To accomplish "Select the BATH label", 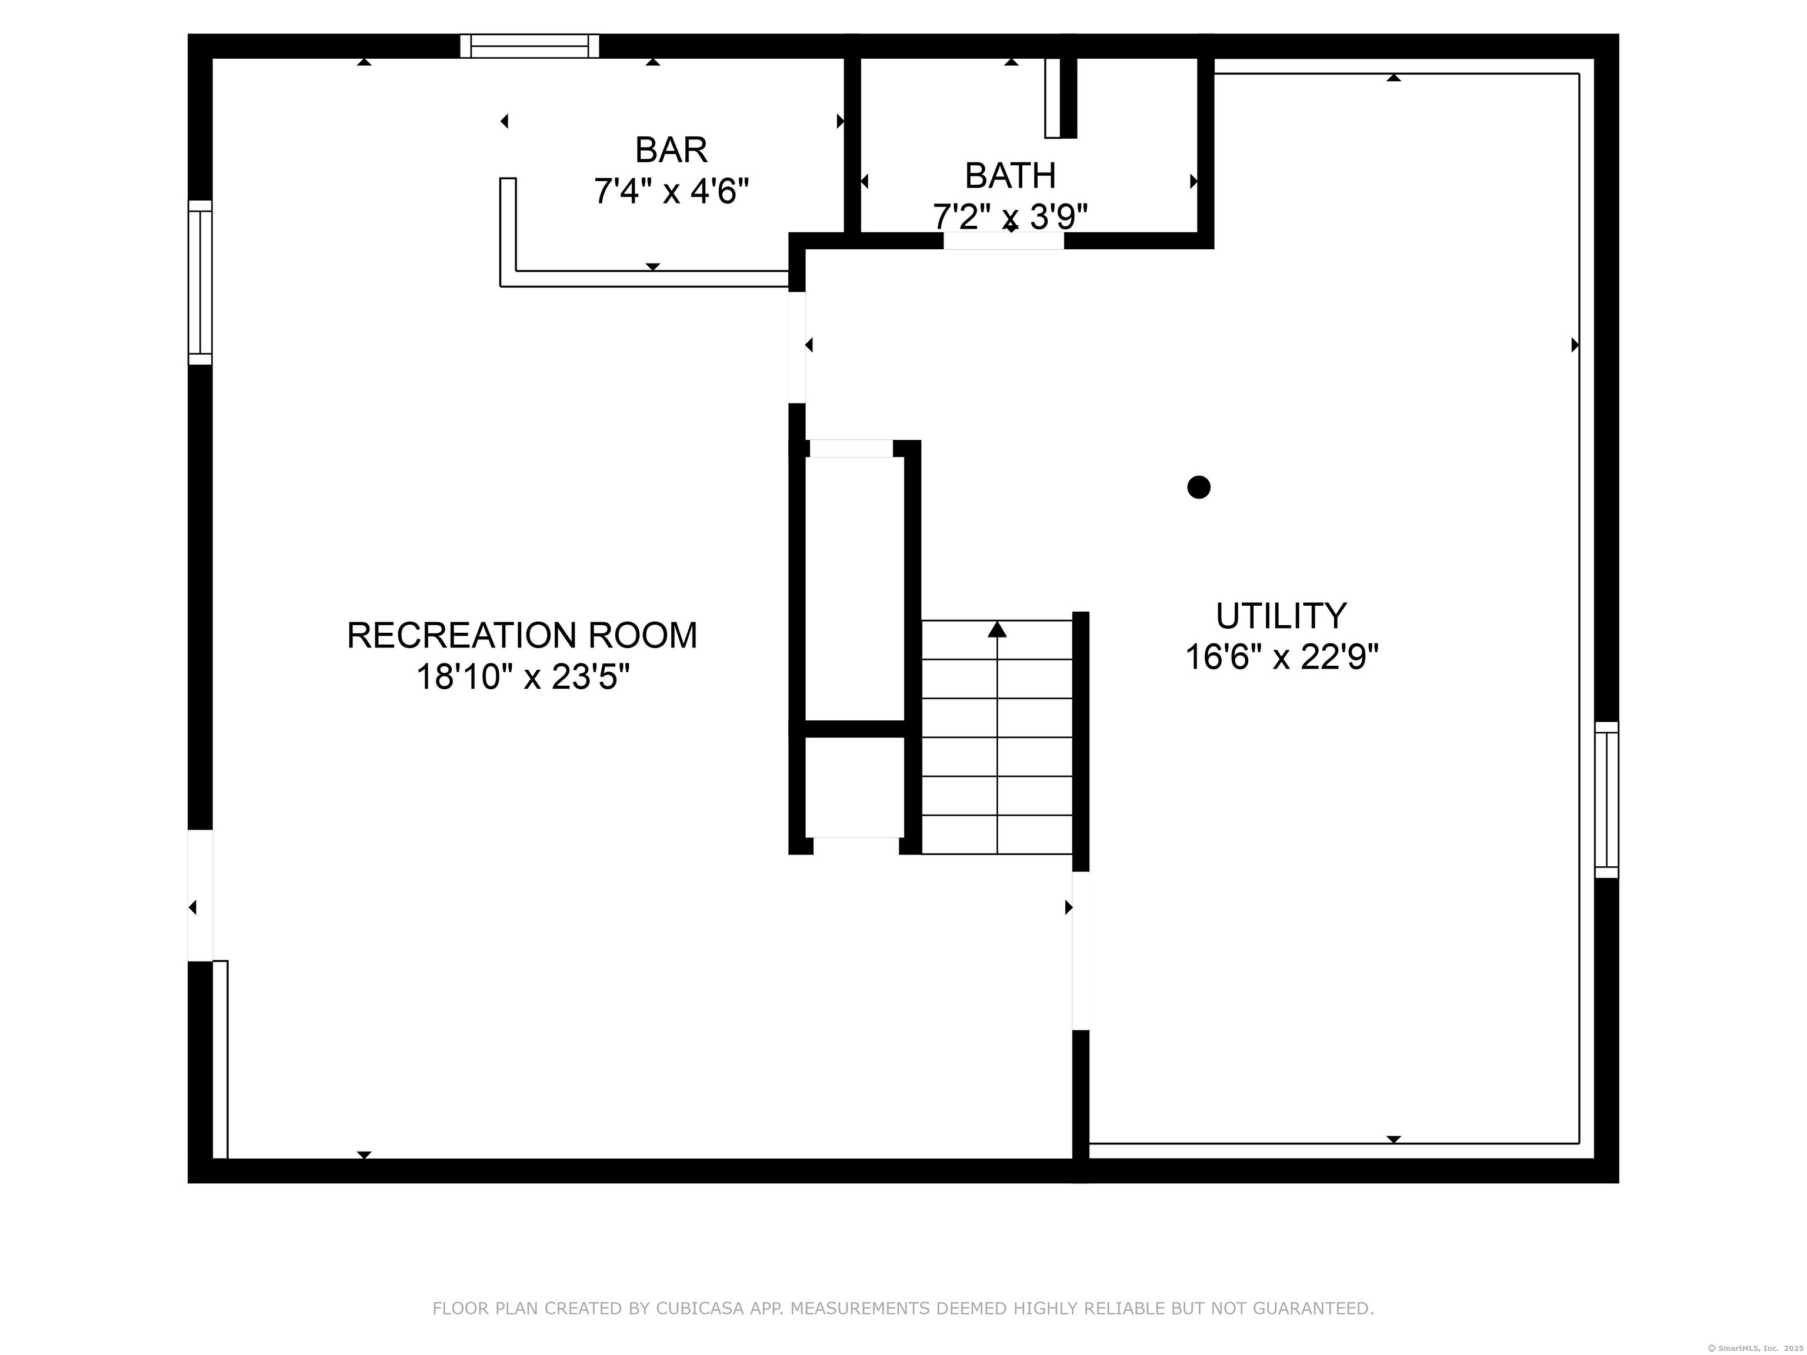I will [x=1010, y=176].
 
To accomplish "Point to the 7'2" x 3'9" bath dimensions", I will [x=1010, y=217].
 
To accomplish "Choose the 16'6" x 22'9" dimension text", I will [x=1281, y=658].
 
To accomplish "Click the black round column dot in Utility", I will [x=1198, y=488].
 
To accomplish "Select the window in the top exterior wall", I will [x=529, y=46].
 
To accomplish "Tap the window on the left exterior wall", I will [x=200, y=283].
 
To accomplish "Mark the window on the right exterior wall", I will [x=1606, y=800].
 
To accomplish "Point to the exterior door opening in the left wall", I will [x=200, y=896].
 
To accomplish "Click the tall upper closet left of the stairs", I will [x=855, y=588].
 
